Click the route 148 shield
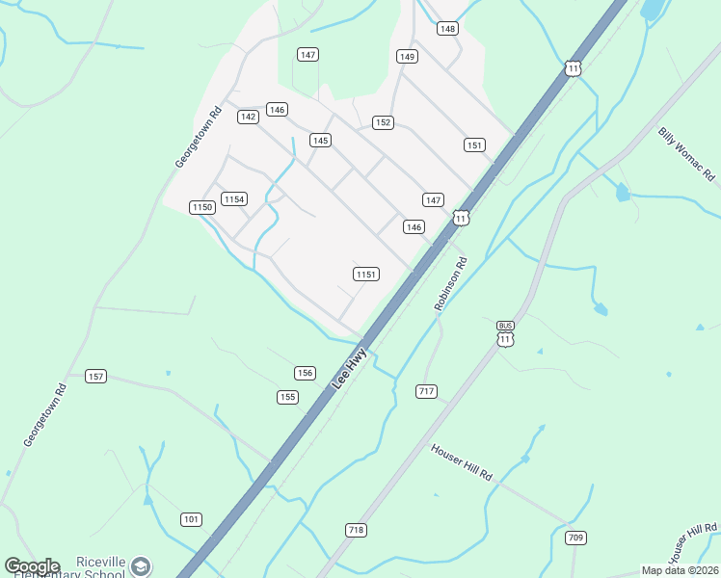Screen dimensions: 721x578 (x=447, y=29)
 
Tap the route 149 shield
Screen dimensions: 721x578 (x=407, y=57)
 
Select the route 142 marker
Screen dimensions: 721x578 (x=248, y=117)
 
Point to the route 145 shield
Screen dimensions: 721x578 (x=321, y=141)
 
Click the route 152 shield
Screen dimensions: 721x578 (x=383, y=122)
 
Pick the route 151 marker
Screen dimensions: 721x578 (x=473, y=145)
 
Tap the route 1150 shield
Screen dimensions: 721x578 (x=201, y=207)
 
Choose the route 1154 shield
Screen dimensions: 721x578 (x=234, y=199)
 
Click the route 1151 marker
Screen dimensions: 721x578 (x=365, y=275)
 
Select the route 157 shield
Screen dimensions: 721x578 (x=95, y=376)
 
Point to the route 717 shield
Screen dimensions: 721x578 (x=427, y=391)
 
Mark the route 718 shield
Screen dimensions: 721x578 (x=356, y=531)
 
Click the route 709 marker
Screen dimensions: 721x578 (x=576, y=538)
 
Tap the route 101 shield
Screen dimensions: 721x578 (x=191, y=520)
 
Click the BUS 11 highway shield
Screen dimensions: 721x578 (x=506, y=334)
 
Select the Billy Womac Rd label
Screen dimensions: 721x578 (x=686, y=154)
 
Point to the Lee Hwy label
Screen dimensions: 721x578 (x=350, y=367)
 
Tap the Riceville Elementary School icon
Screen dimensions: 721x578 (x=142, y=566)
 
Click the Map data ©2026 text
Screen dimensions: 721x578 (x=680, y=570)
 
